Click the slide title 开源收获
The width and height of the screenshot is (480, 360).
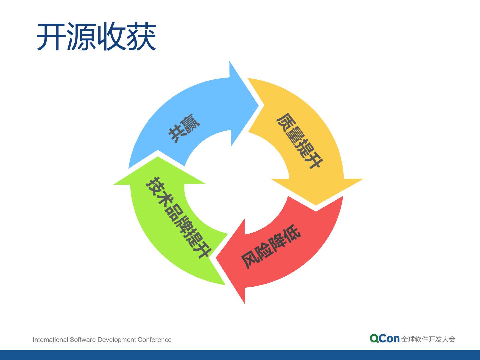[96, 37]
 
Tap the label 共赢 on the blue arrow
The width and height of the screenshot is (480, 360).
[184, 128]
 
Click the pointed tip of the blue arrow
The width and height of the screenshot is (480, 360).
[258, 105]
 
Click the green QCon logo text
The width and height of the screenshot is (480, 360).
[384, 339]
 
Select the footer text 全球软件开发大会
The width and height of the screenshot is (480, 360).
[428, 339]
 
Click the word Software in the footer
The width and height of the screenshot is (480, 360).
[83, 340]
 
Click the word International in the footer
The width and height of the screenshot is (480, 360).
[50, 340]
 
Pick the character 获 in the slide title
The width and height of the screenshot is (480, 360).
[141, 37]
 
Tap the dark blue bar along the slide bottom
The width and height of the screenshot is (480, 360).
[240, 355]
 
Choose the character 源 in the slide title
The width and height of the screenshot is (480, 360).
[81, 37]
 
